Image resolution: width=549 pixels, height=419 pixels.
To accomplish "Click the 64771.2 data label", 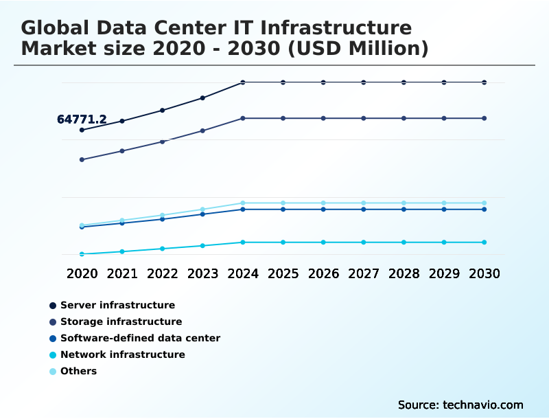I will [82, 120].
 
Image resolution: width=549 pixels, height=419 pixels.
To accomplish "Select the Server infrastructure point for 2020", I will [82, 130].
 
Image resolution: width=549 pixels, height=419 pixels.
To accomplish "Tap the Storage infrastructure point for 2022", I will [163, 141].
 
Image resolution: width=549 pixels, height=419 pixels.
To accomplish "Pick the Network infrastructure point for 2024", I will [243, 242].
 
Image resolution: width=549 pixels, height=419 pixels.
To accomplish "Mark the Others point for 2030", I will [484, 203].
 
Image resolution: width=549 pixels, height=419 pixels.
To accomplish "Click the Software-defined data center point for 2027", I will [364, 209].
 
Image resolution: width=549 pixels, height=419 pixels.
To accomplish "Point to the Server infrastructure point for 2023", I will [202, 98].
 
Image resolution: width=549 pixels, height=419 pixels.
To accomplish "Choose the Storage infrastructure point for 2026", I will [323, 118].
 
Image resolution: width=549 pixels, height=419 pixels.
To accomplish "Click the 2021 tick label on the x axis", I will [122, 273].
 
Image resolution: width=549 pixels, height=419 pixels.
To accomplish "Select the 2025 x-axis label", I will [283, 273].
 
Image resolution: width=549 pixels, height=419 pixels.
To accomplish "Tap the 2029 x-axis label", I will [444, 273].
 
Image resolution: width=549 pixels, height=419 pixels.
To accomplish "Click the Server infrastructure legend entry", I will [117, 305].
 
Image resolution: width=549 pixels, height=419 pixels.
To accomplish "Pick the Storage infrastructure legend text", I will [121, 321].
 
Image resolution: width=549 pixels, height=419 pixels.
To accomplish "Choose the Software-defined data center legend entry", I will [140, 338].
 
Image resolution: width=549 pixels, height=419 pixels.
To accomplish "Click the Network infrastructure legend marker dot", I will [53, 355].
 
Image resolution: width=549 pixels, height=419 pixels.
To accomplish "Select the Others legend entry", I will [78, 371].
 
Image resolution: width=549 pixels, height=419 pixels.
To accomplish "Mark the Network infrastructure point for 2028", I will [404, 242].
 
